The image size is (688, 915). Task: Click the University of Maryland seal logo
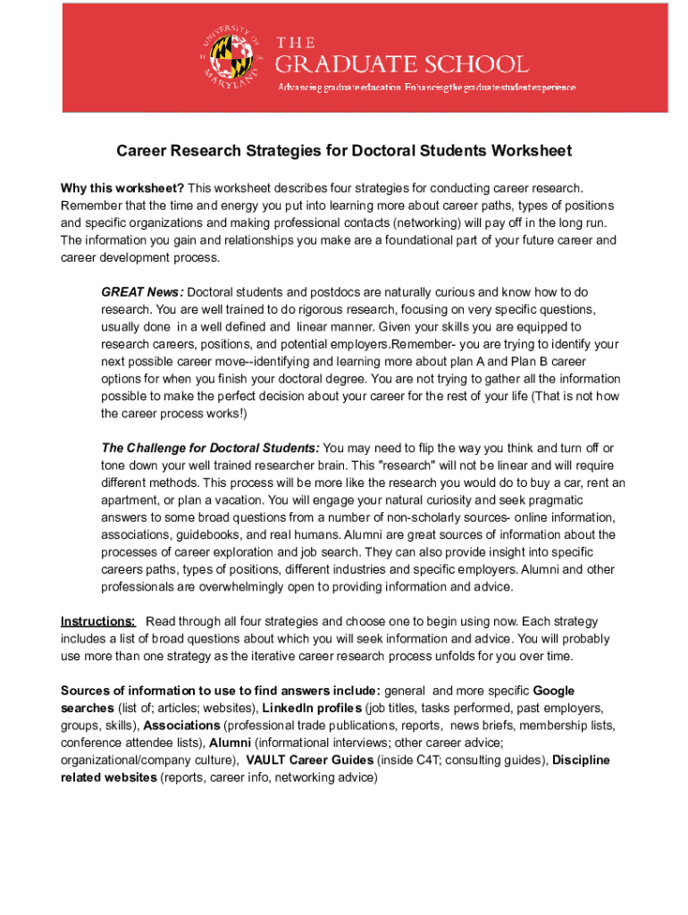tap(231, 58)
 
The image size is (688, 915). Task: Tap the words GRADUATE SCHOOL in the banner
tap(401, 64)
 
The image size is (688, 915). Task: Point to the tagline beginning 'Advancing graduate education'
tap(427, 87)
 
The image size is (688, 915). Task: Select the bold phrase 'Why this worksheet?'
tap(122, 188)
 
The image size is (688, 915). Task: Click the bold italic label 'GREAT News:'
tap(142, 292)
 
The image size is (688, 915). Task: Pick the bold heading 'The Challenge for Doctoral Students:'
tap(210, 448)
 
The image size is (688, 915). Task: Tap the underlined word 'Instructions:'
tap(98, 621)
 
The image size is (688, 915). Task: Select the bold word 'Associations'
tap(181, 725)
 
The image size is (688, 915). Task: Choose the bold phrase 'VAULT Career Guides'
tap(309, 760)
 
